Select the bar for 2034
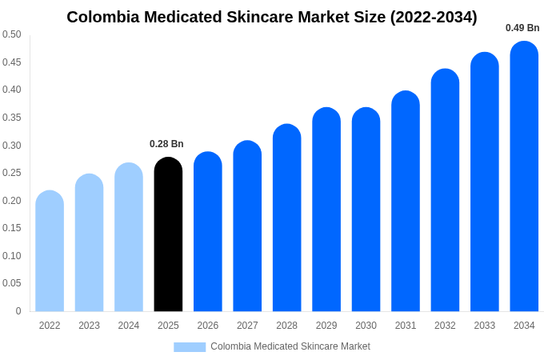[x=524, y=176]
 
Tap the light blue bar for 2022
[x=50, y=251]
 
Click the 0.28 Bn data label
[x=166, y=144]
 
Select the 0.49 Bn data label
[x=522, y=28]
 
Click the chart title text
[x=272, y=17]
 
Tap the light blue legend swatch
[x=190, y=347]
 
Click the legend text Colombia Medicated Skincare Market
[x=290, y=346]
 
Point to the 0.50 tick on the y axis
[x=12, y=34]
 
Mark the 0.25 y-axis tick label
[x=12, y=173]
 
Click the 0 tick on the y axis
[x=18, y=311]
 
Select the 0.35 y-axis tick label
[x=12, y=118]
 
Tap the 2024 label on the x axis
[x=129, y=326]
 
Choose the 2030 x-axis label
[x=366, y=326]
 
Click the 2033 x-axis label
[x=485, y=326]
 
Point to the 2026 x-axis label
[x=208, y=326]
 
